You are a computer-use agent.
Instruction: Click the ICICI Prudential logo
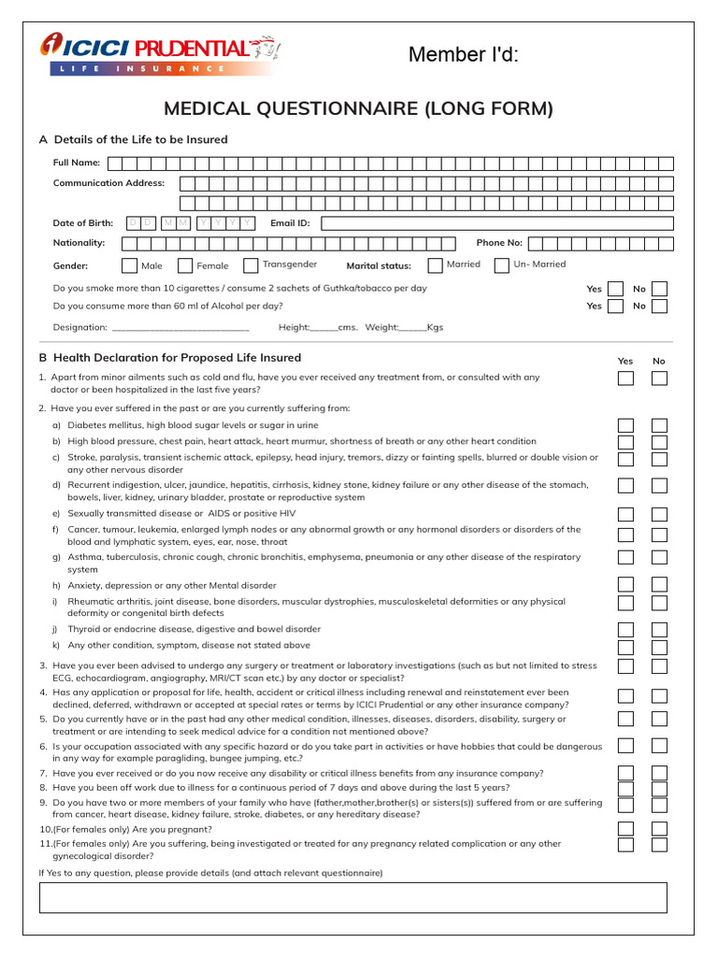pos(159,53)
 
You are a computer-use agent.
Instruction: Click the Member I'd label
pos(463,55)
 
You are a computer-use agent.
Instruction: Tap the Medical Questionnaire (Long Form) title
pos(358,109)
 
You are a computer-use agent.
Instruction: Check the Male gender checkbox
pos(129,265)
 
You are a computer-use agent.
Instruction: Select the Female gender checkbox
pos(185,265)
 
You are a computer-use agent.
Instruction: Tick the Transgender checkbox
pos(251,265)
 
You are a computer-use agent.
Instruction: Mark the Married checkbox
pos(435,264)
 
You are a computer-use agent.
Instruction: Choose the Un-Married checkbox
pos(502,264)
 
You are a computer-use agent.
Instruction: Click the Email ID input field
pos(496,223)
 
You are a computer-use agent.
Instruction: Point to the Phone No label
pos(499,243)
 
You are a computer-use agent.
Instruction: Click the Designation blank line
pos(179,328)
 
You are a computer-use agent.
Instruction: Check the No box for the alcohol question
pos(659,306)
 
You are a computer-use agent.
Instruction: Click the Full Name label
pos(77,163)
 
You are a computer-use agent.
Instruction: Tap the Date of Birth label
pos(83,223)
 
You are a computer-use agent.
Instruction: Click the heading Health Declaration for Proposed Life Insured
pos(177,358)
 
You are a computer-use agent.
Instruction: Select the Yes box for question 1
pos(625,379)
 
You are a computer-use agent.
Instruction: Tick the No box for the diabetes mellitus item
pos(659,425)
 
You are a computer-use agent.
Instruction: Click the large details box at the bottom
pos(352,897)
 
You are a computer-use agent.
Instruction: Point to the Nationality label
pos(79,243)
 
